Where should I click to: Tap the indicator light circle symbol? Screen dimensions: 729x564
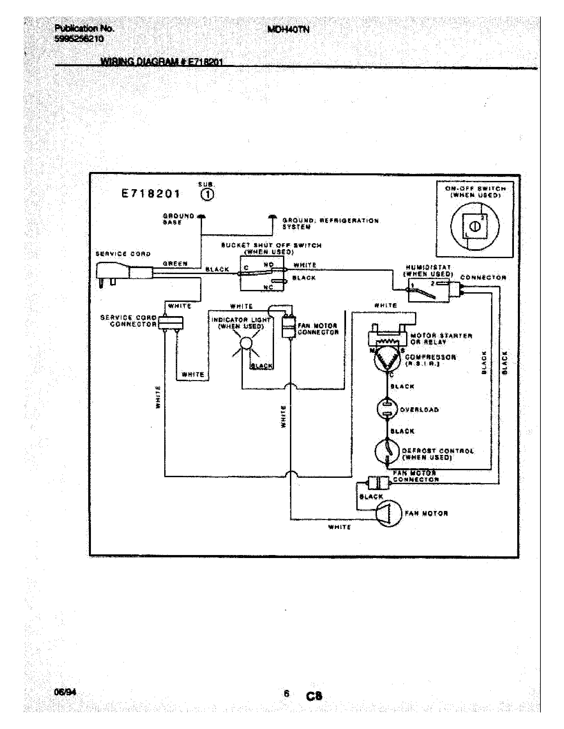point(246,343)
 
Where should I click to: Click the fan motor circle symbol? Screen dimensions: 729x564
point(388,513)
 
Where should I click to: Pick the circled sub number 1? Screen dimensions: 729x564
point(207,195)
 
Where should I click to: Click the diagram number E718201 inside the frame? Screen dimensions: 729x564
point(151,194)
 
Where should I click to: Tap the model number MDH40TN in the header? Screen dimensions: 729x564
point(288,30)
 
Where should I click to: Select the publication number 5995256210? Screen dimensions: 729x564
point(79,39)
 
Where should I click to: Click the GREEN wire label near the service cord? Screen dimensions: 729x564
point(175,264)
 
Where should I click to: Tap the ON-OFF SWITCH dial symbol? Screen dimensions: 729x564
point(475,226)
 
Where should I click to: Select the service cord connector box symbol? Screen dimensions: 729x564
point(171,322)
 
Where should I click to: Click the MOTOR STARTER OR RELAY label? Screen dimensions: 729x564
point(441,339)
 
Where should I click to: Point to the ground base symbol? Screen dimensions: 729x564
point(201,217)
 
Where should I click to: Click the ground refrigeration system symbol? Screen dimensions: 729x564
point(272,217)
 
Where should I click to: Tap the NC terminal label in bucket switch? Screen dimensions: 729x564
point(268,287)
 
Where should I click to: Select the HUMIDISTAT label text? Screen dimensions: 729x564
point(428,267)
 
